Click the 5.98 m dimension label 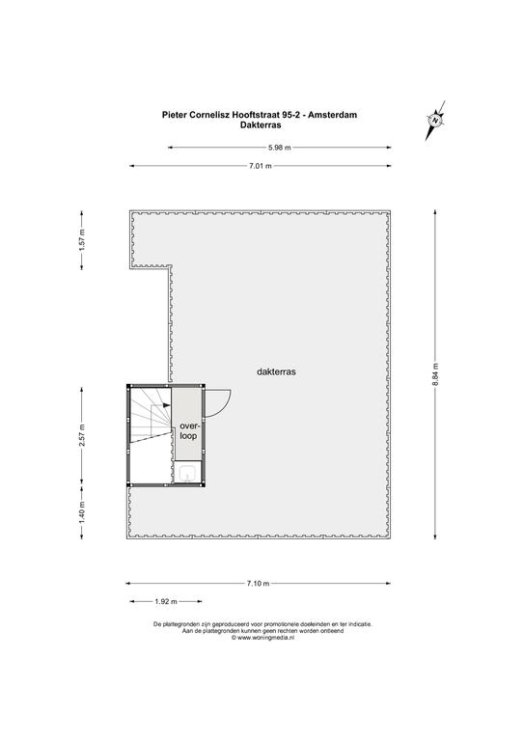pos(280,148)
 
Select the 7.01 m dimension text pos(261,166)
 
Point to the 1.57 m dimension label pos(82,239)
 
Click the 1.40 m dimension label pos(82,511)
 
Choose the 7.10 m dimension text pos(258,583)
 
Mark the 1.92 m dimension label pos(166,602)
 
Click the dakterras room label pos(276,371)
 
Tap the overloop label pos(188,431)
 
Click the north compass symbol pos(435,121)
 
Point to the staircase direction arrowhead pos(166,405)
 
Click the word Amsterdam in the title pos(333,115)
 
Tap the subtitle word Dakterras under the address pos(261,125)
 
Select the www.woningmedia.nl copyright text pos(262,637)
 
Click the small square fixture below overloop pos(188,473)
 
